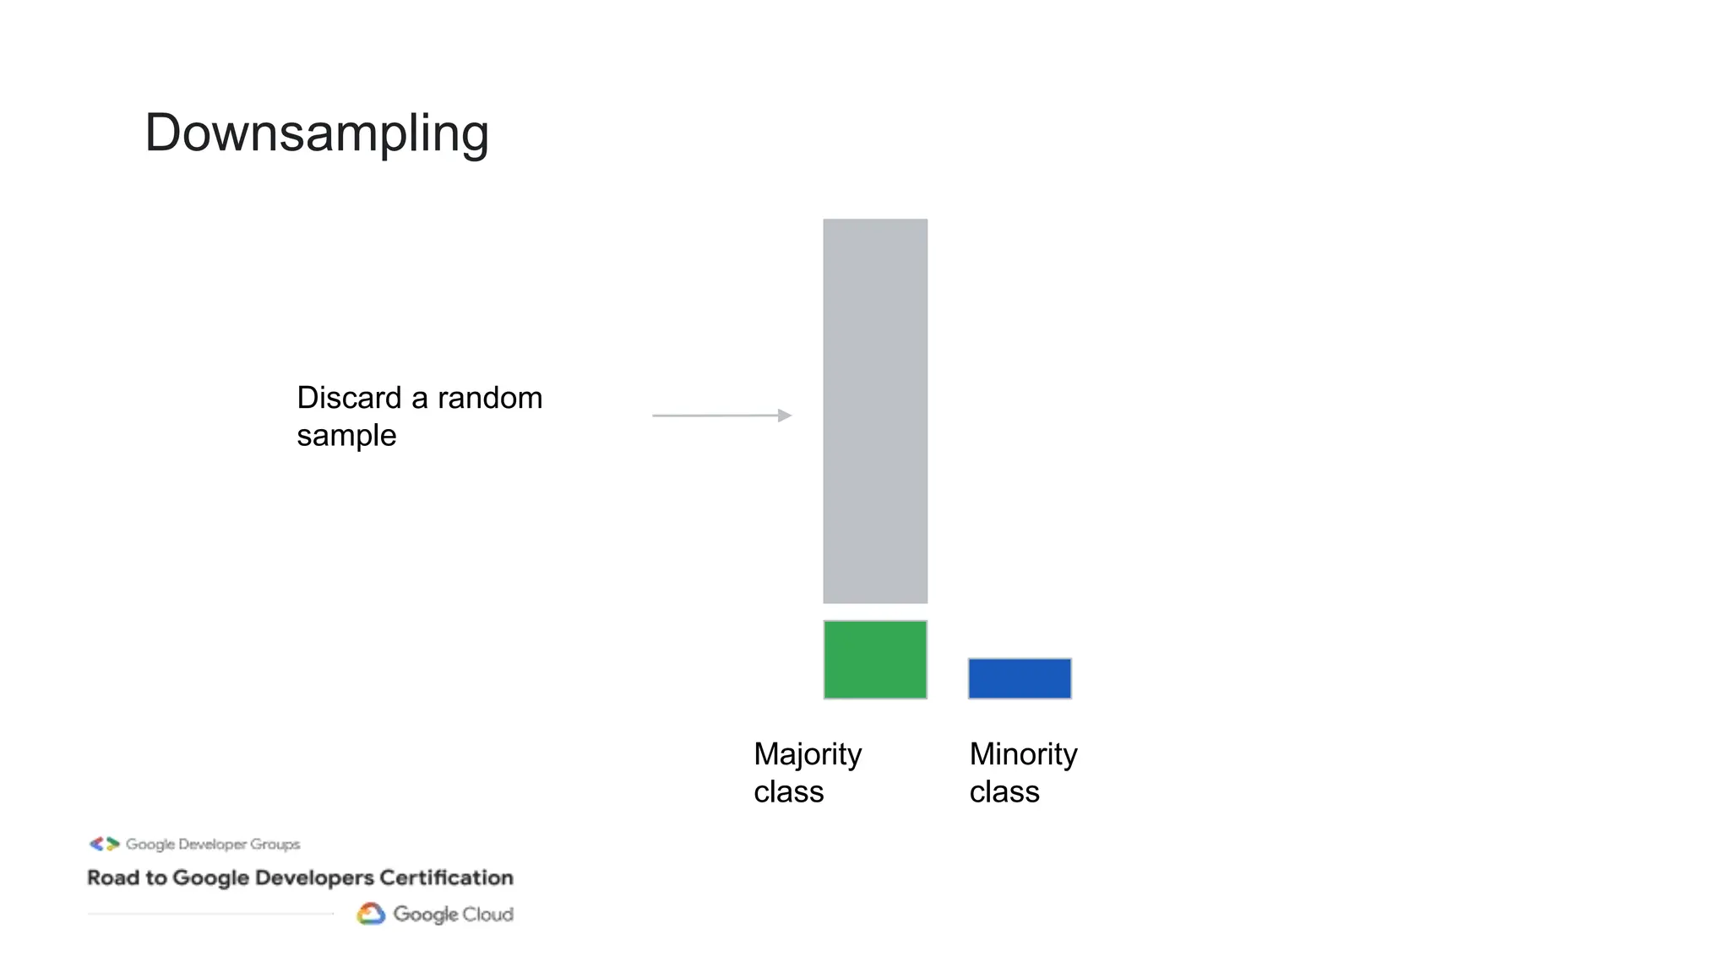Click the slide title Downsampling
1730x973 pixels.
[x=317, y=133]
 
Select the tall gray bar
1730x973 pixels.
[x=875, y=410]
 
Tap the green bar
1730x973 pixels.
[x=875, y=660]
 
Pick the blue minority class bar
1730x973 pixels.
[x=1020, y=678]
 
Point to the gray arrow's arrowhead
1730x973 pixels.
[x=786, y=416]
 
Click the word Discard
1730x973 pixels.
[x=349, y=398]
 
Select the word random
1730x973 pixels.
[x=490, y=398]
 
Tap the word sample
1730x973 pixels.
[x=346, y=436]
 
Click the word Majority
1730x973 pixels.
[x=808, y=754]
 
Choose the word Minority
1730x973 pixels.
[x=1023, y=754]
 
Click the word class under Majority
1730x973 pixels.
[x=788, y=792]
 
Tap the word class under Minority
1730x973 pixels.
[x=1004, y=792]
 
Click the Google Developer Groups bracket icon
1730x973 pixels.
[x=105, y=844]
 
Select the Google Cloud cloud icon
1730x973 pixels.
[x=371, y=914]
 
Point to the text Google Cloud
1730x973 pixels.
[x=453, y=915]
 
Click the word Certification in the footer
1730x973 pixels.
[x=446, y=878]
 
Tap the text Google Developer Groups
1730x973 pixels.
[x=213, y=845]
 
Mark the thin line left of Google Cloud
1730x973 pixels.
[x=211, y=914]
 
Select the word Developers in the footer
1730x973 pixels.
[x=314, y=878]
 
